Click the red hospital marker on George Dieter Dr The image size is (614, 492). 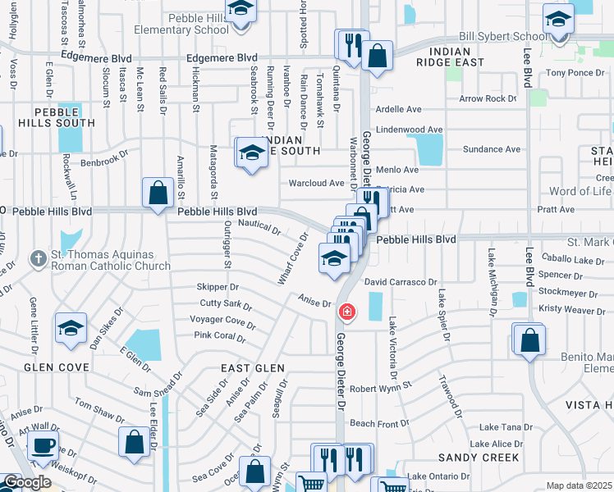346,312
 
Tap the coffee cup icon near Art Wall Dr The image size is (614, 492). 43,448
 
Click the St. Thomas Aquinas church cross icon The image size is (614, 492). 37,259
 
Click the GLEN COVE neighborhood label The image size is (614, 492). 56,367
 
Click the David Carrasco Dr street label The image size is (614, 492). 401,282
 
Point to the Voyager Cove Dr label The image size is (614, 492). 223,320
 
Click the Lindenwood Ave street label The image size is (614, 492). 409,130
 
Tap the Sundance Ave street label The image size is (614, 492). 492,149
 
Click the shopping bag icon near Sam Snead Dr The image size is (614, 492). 134,442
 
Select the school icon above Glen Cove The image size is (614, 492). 71,329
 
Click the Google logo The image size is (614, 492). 27,482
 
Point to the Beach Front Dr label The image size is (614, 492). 379,424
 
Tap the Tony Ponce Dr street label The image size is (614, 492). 575,73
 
